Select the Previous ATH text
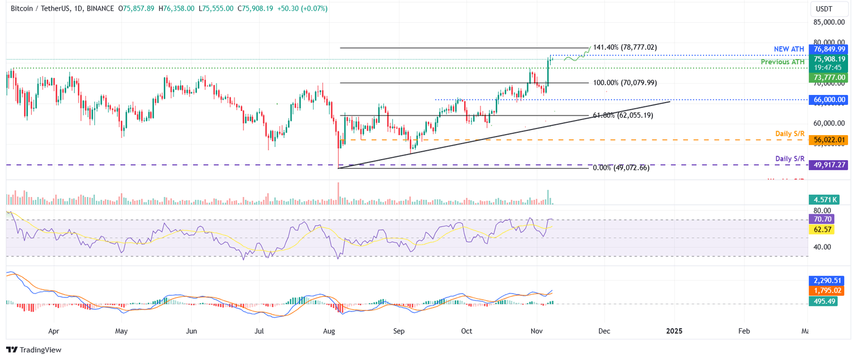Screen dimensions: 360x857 [783, 62]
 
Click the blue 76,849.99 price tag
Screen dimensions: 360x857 [829, 49]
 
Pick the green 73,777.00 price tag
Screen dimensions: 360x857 [829, 78]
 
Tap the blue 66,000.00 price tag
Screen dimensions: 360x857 [829, 99]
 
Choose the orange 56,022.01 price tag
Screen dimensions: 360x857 [829, 140]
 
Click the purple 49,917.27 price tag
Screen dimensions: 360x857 [829, 165]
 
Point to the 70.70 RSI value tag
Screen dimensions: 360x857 [821, 219]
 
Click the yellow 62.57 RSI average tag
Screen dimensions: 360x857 [821, 229]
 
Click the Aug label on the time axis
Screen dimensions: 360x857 [329, 331]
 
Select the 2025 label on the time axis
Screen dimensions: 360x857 [673, 331]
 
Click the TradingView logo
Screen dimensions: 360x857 [34, 350]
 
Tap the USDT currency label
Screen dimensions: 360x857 [824, 9]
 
